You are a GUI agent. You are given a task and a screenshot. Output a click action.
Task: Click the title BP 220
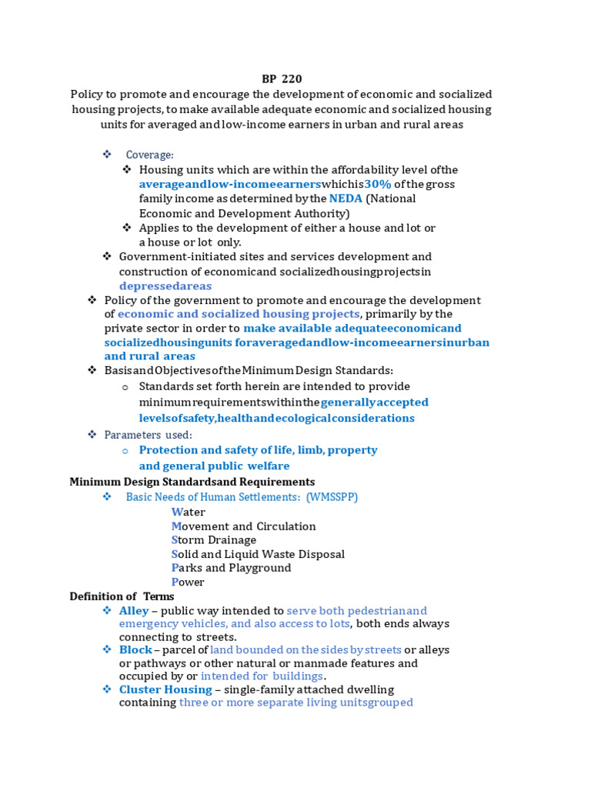tap(282, 78)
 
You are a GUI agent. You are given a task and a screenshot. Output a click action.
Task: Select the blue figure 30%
tap(378, 184)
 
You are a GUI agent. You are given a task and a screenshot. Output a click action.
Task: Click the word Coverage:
tap(150, 155)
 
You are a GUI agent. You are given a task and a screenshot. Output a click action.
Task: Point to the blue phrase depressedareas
tap(165, 286)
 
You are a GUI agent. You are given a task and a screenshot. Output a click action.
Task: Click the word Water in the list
tap(189, 512)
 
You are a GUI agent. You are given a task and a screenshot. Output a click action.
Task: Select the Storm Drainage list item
tap(214, 540)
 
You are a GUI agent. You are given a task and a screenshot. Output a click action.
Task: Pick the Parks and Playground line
tap(231, 568)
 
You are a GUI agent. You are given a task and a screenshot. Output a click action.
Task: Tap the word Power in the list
tap(188, 582)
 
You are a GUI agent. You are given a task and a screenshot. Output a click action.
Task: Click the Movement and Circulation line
tap(243, 526)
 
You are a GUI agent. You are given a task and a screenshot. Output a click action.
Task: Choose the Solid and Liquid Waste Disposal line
tap(258, 554)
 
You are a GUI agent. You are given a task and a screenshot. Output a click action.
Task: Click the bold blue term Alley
tap(135, 610)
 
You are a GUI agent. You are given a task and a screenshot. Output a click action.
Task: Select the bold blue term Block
tap(135, 649)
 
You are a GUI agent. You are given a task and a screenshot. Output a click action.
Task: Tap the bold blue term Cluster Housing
tap(165, 689)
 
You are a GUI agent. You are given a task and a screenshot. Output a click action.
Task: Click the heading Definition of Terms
tap(122, 596)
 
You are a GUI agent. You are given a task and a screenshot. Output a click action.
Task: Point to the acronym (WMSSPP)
tap(332, 497)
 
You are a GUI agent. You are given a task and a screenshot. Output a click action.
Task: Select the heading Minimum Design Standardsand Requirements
tap(192, 482)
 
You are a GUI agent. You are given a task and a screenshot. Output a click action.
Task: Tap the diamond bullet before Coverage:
tap(108, 155)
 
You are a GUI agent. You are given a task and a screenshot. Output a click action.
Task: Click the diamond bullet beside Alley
tap(108, 610)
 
